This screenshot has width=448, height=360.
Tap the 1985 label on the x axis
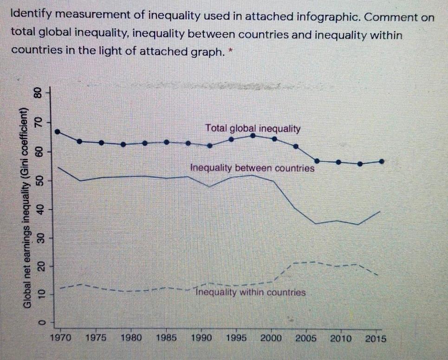166,338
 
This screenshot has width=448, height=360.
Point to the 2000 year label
271,338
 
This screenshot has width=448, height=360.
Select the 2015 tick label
376,338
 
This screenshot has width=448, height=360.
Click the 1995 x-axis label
236,338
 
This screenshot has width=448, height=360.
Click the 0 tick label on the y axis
41,321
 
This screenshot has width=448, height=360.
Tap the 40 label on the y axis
41,209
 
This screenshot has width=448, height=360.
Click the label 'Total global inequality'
253,129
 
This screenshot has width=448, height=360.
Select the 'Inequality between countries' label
252,168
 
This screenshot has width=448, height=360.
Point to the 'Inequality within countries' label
250,293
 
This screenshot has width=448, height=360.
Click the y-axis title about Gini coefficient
27,206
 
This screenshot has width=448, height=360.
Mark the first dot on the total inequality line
58,131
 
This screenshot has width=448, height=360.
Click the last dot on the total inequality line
382,161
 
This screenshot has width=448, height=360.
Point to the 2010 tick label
340,338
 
